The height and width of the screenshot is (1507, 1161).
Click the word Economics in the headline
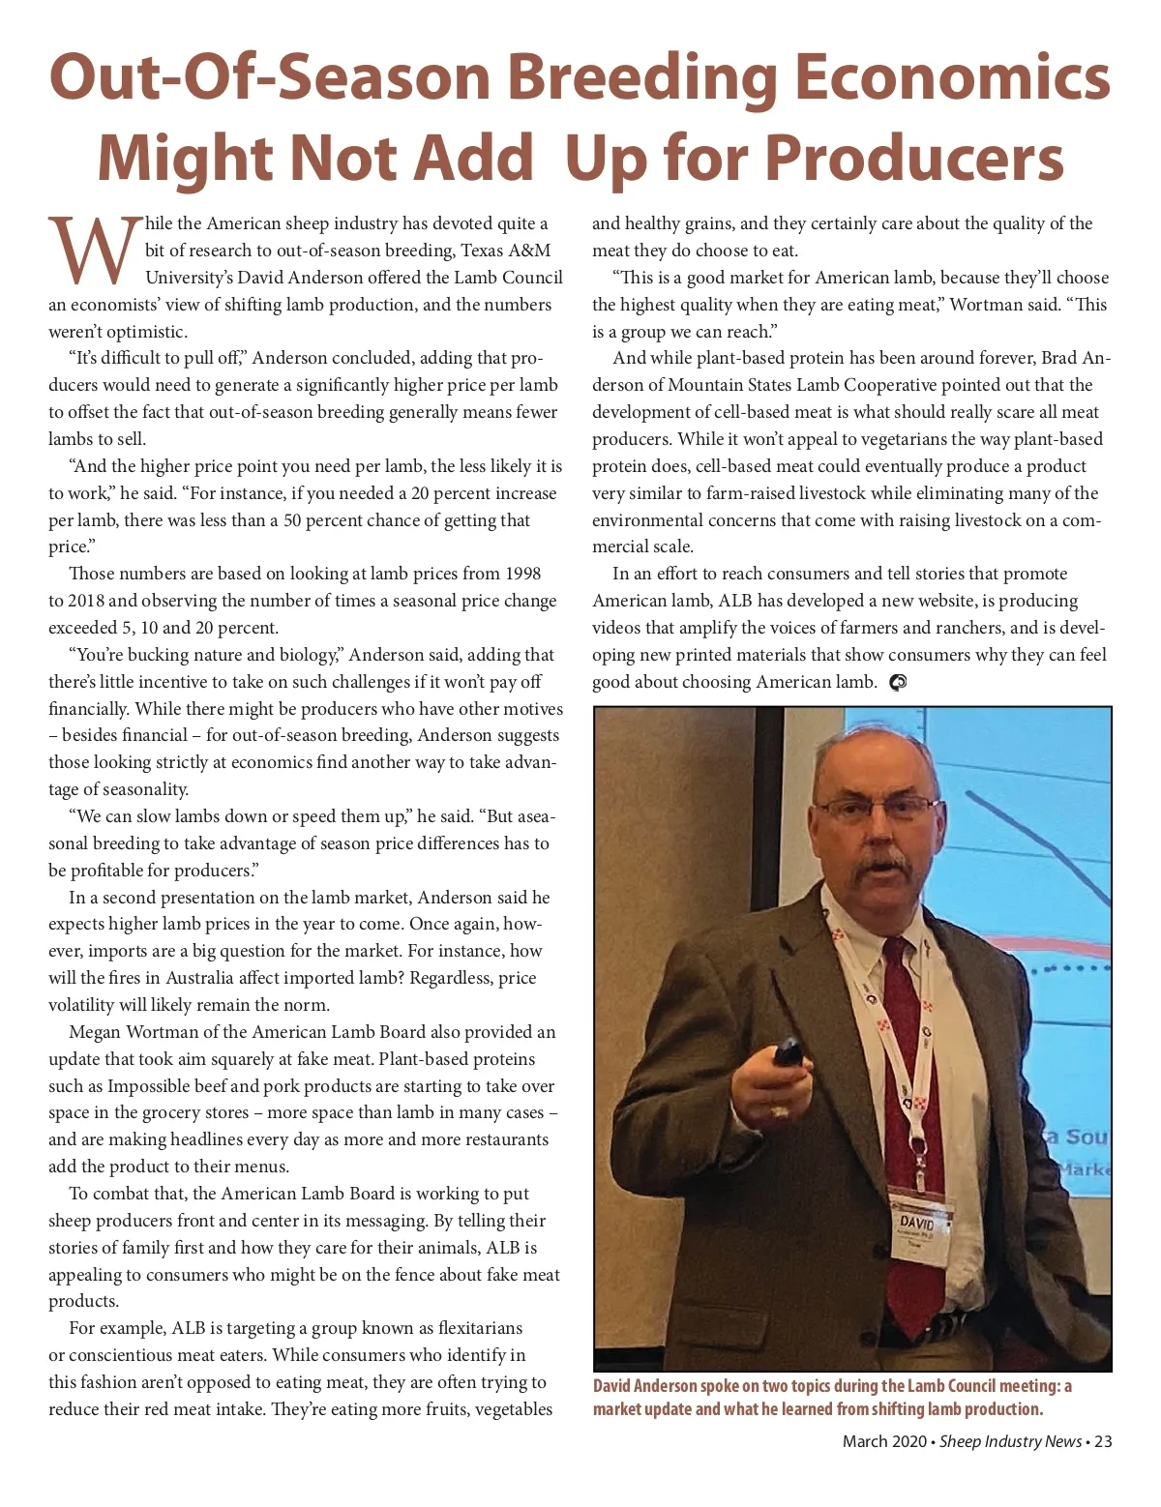tap(952, 77)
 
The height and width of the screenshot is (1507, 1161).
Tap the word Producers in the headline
tap(913, 158)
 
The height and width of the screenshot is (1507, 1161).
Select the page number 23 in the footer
tap(1103, 1441)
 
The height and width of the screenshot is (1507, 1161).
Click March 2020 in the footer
tap(883, 1441)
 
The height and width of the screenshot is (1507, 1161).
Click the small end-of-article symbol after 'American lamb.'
tap(897, 683)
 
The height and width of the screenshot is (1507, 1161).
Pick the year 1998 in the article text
tap(521, 574)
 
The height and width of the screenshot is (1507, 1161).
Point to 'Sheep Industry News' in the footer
tap(1010, 1441)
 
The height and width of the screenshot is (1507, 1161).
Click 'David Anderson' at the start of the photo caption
tap(643, 1387)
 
